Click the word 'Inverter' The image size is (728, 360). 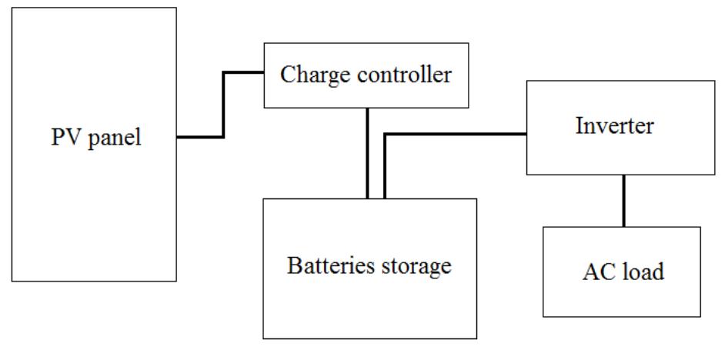coord(614,126)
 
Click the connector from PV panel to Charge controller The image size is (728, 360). coord(223,104)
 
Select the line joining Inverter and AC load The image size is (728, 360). coord(623,200)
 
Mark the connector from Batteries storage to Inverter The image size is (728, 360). coord(454,135)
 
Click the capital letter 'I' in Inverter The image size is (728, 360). coord(579,126)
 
